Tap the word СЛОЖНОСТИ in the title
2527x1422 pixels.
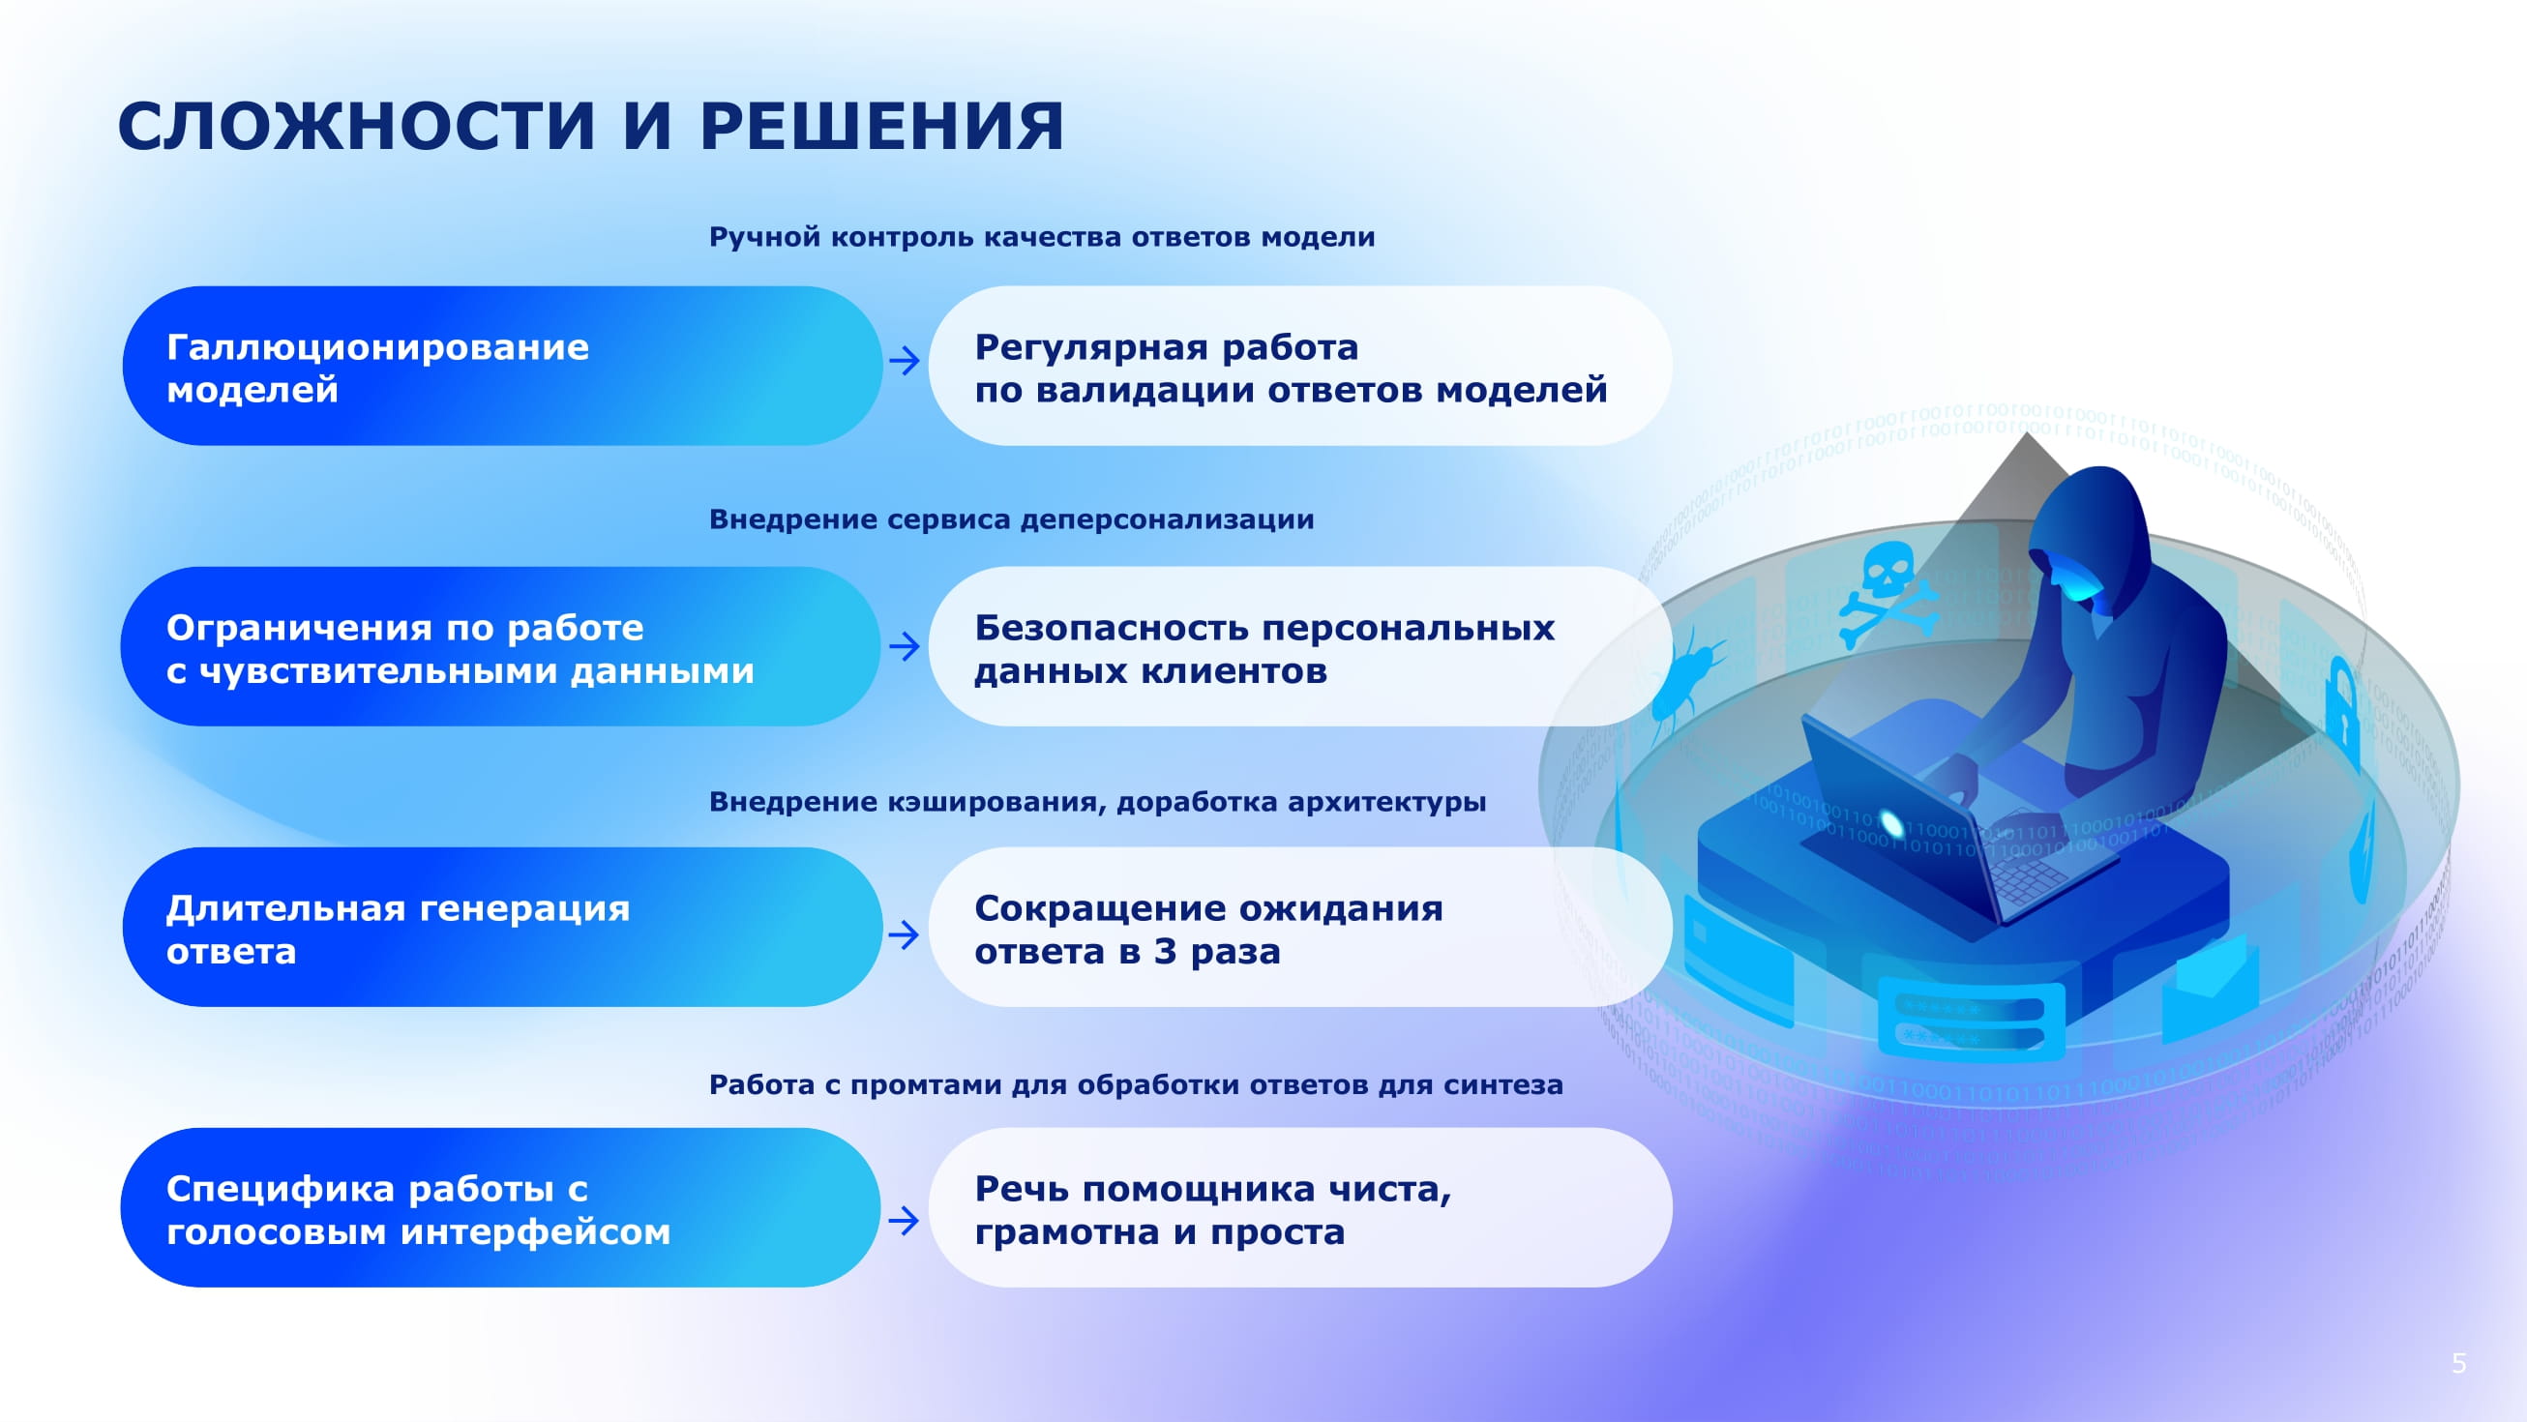coord(356,127)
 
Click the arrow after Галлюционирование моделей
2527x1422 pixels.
coord(904,361)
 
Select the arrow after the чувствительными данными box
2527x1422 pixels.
coord(904,646)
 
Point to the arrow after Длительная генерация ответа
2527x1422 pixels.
coord(904,933)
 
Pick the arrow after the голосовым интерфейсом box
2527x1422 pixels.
coord(904,1221)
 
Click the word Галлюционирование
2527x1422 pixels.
coord(377,347)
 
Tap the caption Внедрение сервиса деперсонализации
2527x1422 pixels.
coord(1011,518)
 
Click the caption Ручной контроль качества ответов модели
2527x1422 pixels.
coord(1042,237)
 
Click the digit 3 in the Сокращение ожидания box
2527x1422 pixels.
coord(1165,951)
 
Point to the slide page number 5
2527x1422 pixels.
coord(2458,1363)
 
